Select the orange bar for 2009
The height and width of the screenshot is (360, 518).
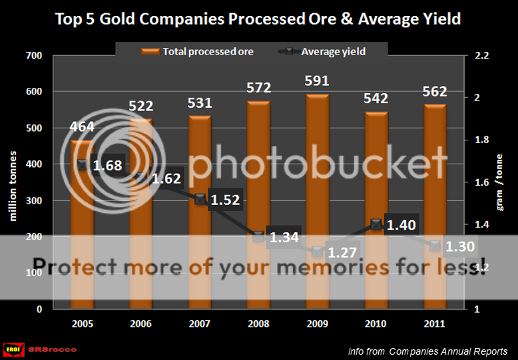coord(317,200)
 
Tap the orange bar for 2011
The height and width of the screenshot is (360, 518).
coord(434,200)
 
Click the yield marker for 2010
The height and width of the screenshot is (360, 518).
coord(376,224)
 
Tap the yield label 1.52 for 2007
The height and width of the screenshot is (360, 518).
coord(226,200)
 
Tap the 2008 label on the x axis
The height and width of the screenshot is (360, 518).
coord(258,323)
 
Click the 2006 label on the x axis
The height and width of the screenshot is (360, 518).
coord(141,323)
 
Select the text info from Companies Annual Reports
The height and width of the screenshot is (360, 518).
coord(427,351)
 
